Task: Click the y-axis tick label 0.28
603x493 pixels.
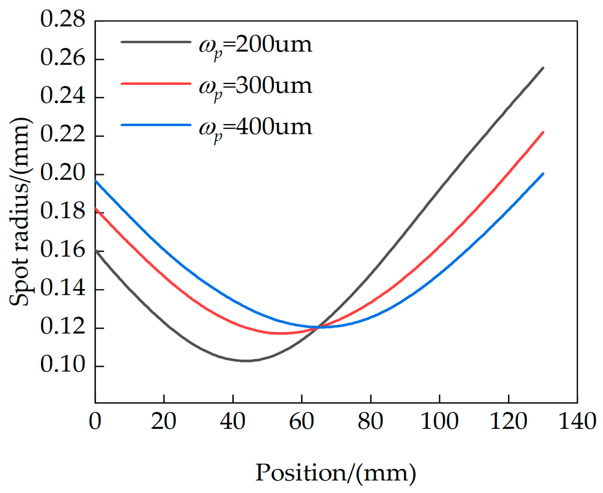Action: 62,20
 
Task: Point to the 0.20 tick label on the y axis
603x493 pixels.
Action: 62,174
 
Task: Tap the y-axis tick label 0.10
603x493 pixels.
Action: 62,365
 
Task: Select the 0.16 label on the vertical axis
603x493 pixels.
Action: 62,250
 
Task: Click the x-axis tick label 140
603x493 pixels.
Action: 577,421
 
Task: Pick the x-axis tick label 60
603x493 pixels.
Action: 301,421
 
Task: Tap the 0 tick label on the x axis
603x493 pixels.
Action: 95,421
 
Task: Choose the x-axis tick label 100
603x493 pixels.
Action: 440,421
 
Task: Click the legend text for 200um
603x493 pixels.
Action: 255,46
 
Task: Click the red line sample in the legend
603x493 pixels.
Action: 156,83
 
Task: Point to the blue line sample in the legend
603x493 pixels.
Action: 156,125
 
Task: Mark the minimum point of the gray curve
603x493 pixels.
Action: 246,361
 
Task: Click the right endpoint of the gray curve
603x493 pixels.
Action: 543,68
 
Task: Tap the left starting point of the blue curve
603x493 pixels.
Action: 96,181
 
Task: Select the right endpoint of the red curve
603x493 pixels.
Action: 543,132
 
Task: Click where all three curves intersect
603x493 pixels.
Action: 318,327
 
